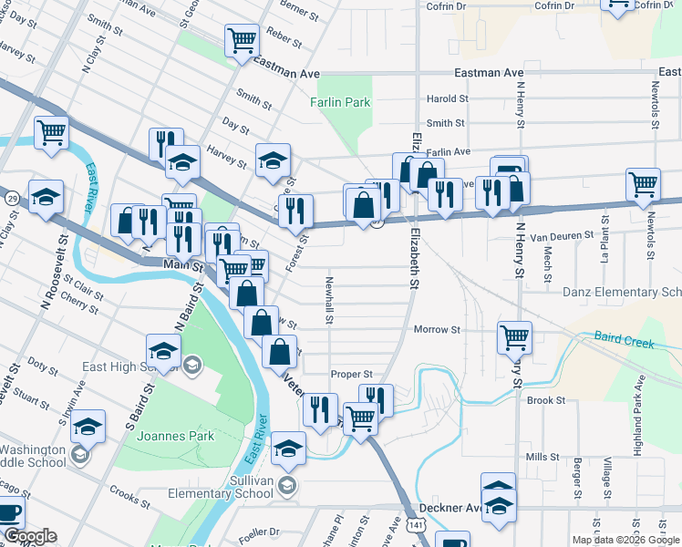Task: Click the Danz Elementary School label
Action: click(x=622, y=292)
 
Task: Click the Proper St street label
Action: click(x=352, y=374)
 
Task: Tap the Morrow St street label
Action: click(x=436, y=329)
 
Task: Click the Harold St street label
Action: click(x=447, y=98)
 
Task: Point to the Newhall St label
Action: click(x=329, y=300)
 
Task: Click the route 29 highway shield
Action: click(x=12, y=198)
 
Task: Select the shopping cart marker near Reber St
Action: click(x=243, y=41)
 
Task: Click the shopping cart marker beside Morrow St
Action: click(x=514, y=337)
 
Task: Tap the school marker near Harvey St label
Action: click(x=273, y=161)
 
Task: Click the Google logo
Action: click(x=30, y=537)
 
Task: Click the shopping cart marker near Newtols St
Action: click(x=644, y=185)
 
